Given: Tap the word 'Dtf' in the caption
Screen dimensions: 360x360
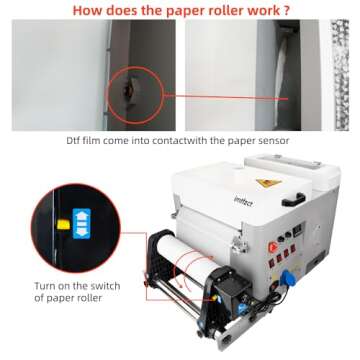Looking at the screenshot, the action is [x=79, y=141].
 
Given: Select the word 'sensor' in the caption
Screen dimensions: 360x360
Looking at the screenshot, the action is [x=273, y=141].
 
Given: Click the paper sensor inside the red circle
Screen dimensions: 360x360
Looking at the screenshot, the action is [x=127, y=85].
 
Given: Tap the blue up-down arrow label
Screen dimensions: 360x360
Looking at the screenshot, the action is [x=72, y=223].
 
